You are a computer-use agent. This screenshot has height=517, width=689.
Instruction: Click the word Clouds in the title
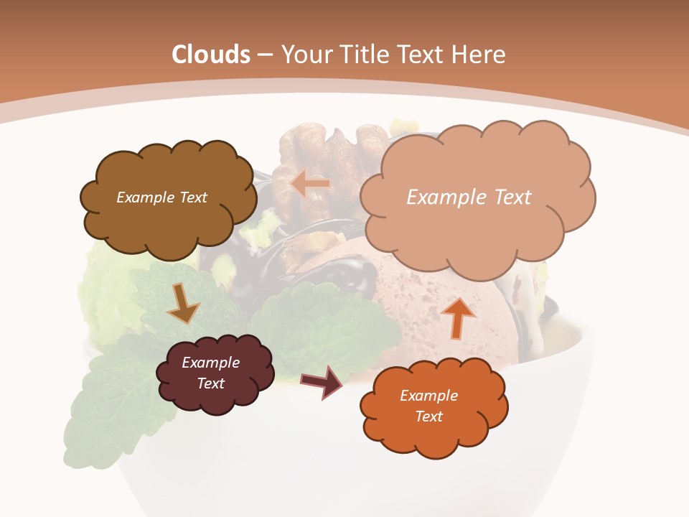[x=211, y=55]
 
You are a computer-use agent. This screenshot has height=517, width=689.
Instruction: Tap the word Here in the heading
[x=479, y=55]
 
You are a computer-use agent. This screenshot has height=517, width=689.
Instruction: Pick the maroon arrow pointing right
[x=322, y=381]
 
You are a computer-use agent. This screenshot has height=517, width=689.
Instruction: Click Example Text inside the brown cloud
[x=161, y=197]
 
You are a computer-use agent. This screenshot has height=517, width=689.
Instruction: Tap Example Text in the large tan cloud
[x=469, y=197]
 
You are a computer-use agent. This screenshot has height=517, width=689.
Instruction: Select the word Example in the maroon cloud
[x=210, y=363]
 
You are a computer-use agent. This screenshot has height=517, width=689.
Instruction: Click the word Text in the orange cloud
[x=428, y=417]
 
